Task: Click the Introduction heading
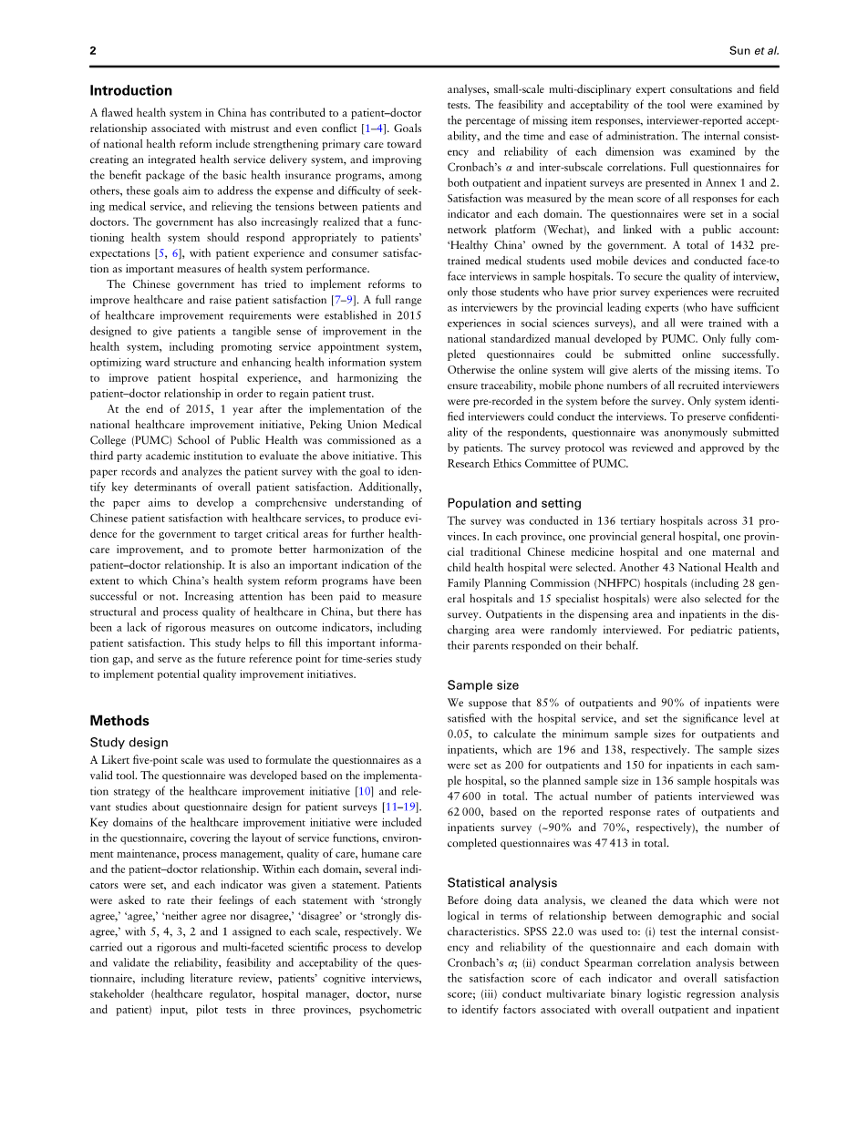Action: coord(130,90)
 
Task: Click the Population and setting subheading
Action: coord(513,503)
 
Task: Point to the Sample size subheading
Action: coord(482,684)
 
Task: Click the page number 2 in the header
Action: coord(93,51)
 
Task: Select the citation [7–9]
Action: coord(344,299)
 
